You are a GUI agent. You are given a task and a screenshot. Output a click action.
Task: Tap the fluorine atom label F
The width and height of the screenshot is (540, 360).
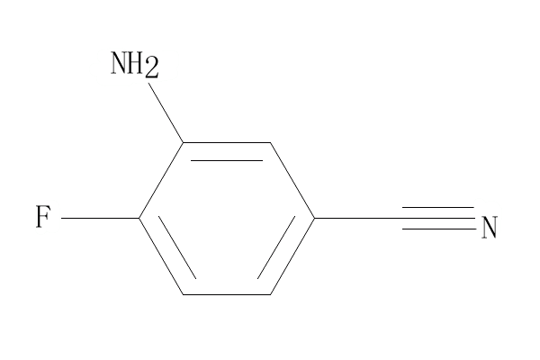click(43, 216)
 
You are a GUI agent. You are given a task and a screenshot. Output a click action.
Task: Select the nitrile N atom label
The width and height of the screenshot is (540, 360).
click(490, 228)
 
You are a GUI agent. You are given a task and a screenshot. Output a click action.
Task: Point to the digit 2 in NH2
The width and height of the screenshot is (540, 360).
click(151, 67)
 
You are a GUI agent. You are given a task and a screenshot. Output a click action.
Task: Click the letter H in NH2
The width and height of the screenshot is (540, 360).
click(135, 62)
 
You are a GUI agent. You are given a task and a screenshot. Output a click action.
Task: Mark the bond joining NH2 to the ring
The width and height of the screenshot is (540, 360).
click(166, 112)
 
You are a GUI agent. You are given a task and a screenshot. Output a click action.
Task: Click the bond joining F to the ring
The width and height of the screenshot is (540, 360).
click(100, 218)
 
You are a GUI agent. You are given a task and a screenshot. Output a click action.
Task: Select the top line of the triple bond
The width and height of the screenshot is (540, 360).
click(438, 207)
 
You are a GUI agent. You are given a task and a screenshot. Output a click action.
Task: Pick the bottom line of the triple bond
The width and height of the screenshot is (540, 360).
click(439, 229)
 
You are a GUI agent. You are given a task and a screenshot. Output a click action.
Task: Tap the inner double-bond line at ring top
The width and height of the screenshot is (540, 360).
click(227, 160)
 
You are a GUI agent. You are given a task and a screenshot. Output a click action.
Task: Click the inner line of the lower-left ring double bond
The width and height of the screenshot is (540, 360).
click(177, 247)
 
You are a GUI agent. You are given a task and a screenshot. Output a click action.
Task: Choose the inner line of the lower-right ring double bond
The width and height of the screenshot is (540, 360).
click(276, 247)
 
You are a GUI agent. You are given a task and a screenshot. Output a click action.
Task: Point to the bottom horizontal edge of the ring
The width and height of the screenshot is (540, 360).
click(227, 294)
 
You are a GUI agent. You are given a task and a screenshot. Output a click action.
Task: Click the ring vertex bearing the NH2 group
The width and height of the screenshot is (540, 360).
click(184, 142)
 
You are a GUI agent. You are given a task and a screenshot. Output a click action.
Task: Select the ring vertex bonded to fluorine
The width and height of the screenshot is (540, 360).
click(139, 218)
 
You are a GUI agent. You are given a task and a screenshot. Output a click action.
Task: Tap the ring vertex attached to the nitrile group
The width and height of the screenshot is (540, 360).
click(314, 218)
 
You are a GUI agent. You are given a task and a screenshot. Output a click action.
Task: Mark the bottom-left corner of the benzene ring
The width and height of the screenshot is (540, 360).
click(183, 294)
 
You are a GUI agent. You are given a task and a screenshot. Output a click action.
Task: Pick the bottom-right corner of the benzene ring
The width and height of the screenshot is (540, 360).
click(270, 294)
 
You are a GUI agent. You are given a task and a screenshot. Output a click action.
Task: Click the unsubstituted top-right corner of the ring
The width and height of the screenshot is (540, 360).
click(270, 142)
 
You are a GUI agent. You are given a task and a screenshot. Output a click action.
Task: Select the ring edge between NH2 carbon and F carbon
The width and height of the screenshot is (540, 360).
click(161, 180)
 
